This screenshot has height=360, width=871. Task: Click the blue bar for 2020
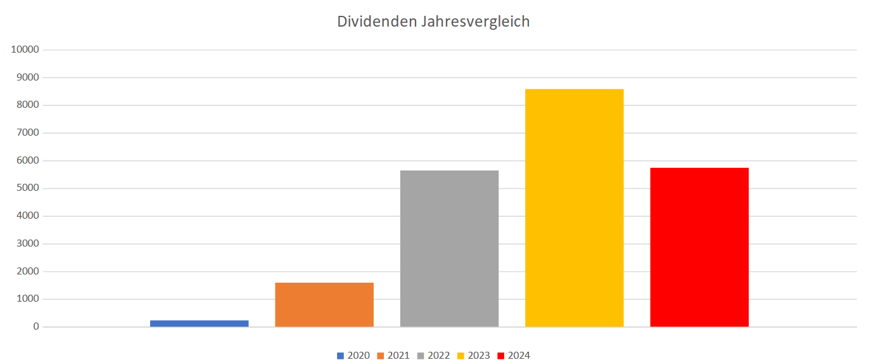(199, 323)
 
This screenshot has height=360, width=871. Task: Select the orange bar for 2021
(324, 305)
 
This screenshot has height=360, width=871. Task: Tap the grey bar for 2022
(449, 248)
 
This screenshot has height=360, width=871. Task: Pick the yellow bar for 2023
(574, 208)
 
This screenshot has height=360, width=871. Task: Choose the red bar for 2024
(699, 247)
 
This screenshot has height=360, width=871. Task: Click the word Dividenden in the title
(376, 22)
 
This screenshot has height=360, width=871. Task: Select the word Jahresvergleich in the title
(474, 22)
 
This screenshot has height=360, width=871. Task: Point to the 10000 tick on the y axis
(25, 50)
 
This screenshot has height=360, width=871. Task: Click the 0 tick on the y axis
(36, 327)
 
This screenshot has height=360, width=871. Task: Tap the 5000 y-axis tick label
(28, 188)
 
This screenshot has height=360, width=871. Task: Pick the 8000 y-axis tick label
(28, 105)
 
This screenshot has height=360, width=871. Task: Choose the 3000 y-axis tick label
(28, 244)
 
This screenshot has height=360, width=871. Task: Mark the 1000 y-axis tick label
(28, 299)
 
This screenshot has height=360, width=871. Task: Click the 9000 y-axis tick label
(28, 77)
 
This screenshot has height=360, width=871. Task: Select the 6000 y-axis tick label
(28, 161)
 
